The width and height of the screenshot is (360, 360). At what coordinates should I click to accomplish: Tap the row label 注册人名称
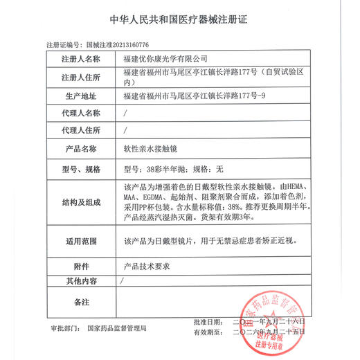click(x=81, y=59)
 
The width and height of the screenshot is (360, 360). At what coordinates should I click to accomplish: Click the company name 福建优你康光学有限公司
click(x=165, y=59)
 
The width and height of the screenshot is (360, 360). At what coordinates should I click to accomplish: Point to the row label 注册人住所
click(x=81, y=77)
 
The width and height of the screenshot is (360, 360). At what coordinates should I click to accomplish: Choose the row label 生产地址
click(x=81, y=95)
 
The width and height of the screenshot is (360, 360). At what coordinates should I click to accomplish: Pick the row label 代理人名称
click(x=81, y=112)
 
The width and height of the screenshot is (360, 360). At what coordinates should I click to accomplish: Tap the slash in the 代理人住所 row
click(x=125, y=130)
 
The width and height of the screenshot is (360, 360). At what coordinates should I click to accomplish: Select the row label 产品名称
click(x=81, y=148)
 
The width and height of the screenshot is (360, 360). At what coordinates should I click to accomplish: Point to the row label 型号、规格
click(x=81, y=168)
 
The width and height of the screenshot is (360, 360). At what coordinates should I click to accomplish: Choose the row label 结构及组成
click(x=81, y=203)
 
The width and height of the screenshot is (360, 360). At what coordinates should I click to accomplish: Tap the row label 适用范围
click(x=81, y=242)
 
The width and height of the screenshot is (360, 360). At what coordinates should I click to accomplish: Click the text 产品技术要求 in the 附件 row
click(x=145, y=267)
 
